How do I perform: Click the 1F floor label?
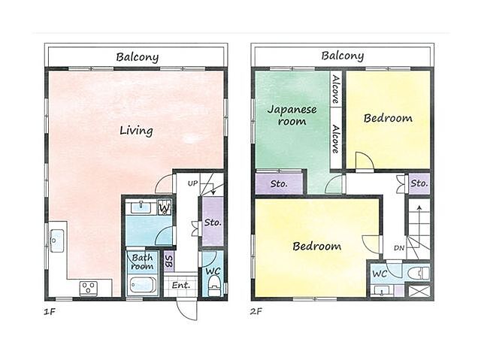(50, 312)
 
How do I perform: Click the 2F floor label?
(256, 312)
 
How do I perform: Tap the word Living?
(136, 131)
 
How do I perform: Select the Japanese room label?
(292, 115)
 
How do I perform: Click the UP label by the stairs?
(192, 183)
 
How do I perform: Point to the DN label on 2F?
(399, 248)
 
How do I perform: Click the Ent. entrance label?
(181, 285)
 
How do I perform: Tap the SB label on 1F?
(168, 262)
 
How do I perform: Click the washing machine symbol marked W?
(165, 207)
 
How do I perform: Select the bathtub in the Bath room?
(141, 285)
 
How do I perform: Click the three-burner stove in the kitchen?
(89, 289)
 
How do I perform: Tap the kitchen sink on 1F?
(57, 241)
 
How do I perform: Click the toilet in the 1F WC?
(214, 286)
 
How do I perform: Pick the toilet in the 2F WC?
(419, 273)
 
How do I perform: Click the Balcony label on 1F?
(137, 57)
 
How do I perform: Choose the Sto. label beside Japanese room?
(279, 183)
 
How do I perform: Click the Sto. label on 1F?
(213, 222)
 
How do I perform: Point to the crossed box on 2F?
(419, 291)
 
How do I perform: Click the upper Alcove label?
(336, 89)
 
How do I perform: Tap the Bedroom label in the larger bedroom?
(316, 246)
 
